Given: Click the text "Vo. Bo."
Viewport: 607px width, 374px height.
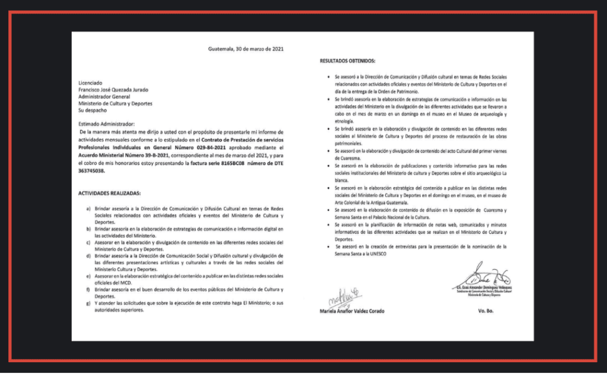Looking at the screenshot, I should (x=478, y=310).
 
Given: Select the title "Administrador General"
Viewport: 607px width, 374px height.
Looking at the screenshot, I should (x=107, y=96).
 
